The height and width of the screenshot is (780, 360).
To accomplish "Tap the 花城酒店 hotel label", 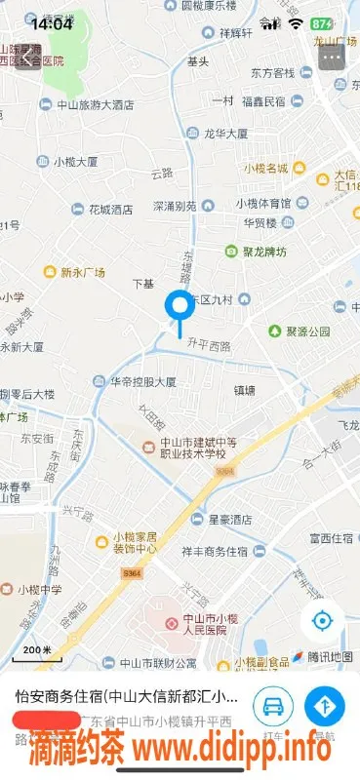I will click(x=109, y=209).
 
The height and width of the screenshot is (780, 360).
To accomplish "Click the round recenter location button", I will click(x=322, y=621).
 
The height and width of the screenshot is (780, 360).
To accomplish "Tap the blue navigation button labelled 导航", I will click(x=324, y=705).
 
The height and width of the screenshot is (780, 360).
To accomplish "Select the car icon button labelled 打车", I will click(x=273, y=705).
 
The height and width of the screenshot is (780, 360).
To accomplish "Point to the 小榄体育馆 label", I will click(x=261, y=203).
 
